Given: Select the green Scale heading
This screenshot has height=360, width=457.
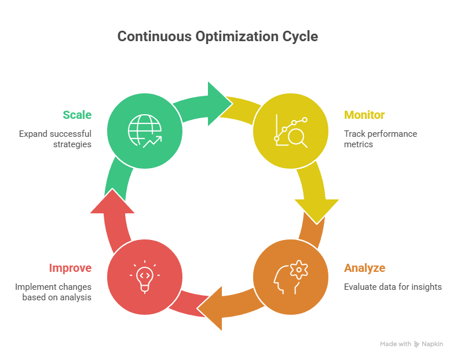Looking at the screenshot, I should (77, 115).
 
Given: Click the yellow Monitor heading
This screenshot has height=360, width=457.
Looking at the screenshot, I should (364, 115).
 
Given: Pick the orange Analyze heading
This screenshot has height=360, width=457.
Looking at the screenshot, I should (364, 268).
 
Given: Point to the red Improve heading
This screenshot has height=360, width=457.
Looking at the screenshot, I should (70, 268).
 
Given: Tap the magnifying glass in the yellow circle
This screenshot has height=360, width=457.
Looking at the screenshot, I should (297, 137).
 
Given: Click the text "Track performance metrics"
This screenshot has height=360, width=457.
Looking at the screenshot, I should (380, 139).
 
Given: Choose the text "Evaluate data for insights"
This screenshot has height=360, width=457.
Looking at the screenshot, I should (393, 286).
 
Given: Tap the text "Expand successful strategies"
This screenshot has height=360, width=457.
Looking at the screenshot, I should (56, 139).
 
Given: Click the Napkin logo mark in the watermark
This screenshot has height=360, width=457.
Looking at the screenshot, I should (417, 344).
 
